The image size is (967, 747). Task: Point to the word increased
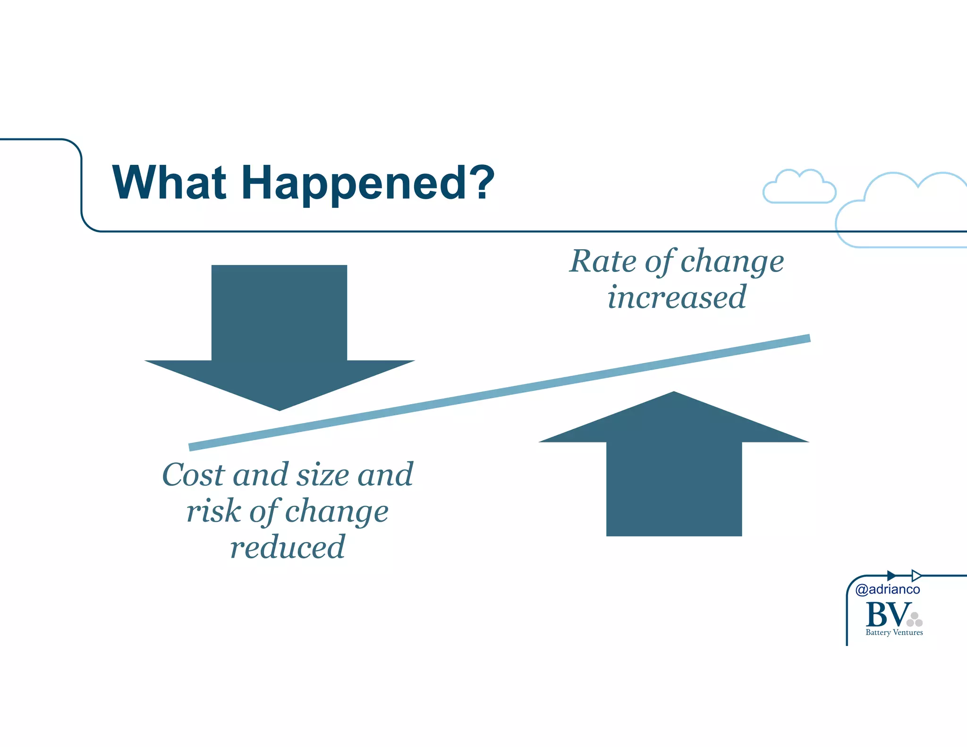click(676, 297)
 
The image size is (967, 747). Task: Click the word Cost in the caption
click(193, 475)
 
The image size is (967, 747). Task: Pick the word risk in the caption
click(213, 511)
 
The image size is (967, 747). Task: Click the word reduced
click(287, 547)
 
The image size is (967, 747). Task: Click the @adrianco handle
click(887, 589)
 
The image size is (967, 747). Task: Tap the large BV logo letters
click(887, 614)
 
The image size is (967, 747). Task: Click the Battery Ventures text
click(894, 633)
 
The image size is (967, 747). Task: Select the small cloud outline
click(799, 187)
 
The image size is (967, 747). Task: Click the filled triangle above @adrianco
click(891, 576)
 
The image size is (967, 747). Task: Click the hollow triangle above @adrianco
click(916, 576)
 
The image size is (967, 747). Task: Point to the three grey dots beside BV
click(915, 620)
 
